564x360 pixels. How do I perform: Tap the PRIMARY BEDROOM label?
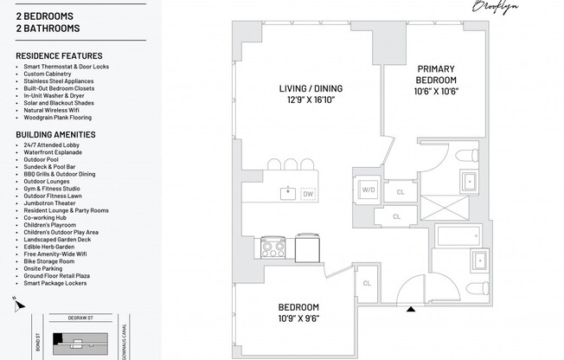pos(436,74)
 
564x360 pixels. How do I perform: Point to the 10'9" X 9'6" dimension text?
pos(298,317)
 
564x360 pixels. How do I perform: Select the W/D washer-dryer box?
pos(368,190)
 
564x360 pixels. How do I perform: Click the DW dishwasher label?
pos(308,194)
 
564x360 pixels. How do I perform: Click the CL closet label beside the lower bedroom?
pos(367,283)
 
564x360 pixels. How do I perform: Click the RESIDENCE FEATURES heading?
pos(59,56)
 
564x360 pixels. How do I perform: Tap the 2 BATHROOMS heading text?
pos(45,29)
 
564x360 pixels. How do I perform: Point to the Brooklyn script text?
pos(495,6)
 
